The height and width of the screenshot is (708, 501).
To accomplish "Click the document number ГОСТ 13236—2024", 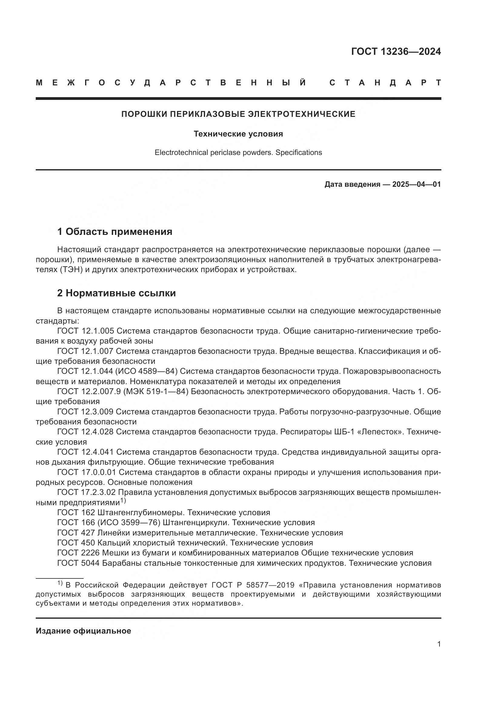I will pyautogui.click(x=396, y=51).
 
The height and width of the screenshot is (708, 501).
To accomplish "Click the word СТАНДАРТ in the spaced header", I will pyautogui.click(x=385, y=83).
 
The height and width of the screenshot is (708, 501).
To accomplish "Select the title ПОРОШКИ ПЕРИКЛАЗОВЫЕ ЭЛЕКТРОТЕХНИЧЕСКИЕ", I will pyautogui.click(x=238, y=114).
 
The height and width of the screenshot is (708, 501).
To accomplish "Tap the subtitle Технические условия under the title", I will pyautogui.click(x=238, y=134).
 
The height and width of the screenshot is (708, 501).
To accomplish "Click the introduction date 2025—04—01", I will pyautogui.click(x=416, y=184).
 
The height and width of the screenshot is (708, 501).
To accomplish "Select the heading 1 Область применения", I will pyautogui.click(x=114, y=231).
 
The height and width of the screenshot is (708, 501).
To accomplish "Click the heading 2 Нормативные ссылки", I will pyautogui.click(x=116, y=293).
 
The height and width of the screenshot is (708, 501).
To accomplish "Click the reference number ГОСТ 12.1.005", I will pyautogui.click(x=85, y=331).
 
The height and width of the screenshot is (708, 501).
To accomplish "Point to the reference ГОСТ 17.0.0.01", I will pyautogui.click(x=87, y=472).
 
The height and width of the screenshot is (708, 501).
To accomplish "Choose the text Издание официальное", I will pyautogui.click(x=83, y=631).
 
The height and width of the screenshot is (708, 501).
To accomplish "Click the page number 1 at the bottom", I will pyautogui.click(x=439, y=644).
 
